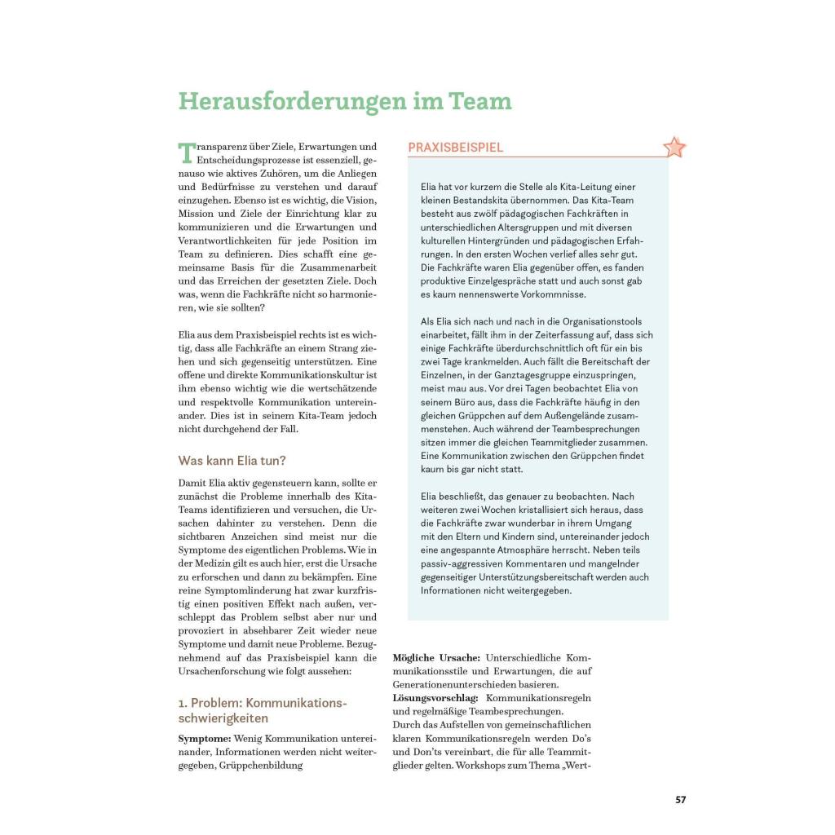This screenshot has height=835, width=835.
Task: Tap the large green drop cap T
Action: coord(187,152)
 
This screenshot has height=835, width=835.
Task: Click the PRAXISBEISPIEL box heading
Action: coord(456,148)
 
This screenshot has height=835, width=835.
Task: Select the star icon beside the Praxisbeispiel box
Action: coord(674,148)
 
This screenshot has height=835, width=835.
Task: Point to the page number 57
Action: coord(681,799)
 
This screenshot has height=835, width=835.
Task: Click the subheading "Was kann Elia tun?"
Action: coord(232,461)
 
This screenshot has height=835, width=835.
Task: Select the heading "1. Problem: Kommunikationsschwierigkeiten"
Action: coord(263,710)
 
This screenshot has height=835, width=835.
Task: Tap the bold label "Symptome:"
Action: coord(205,738)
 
